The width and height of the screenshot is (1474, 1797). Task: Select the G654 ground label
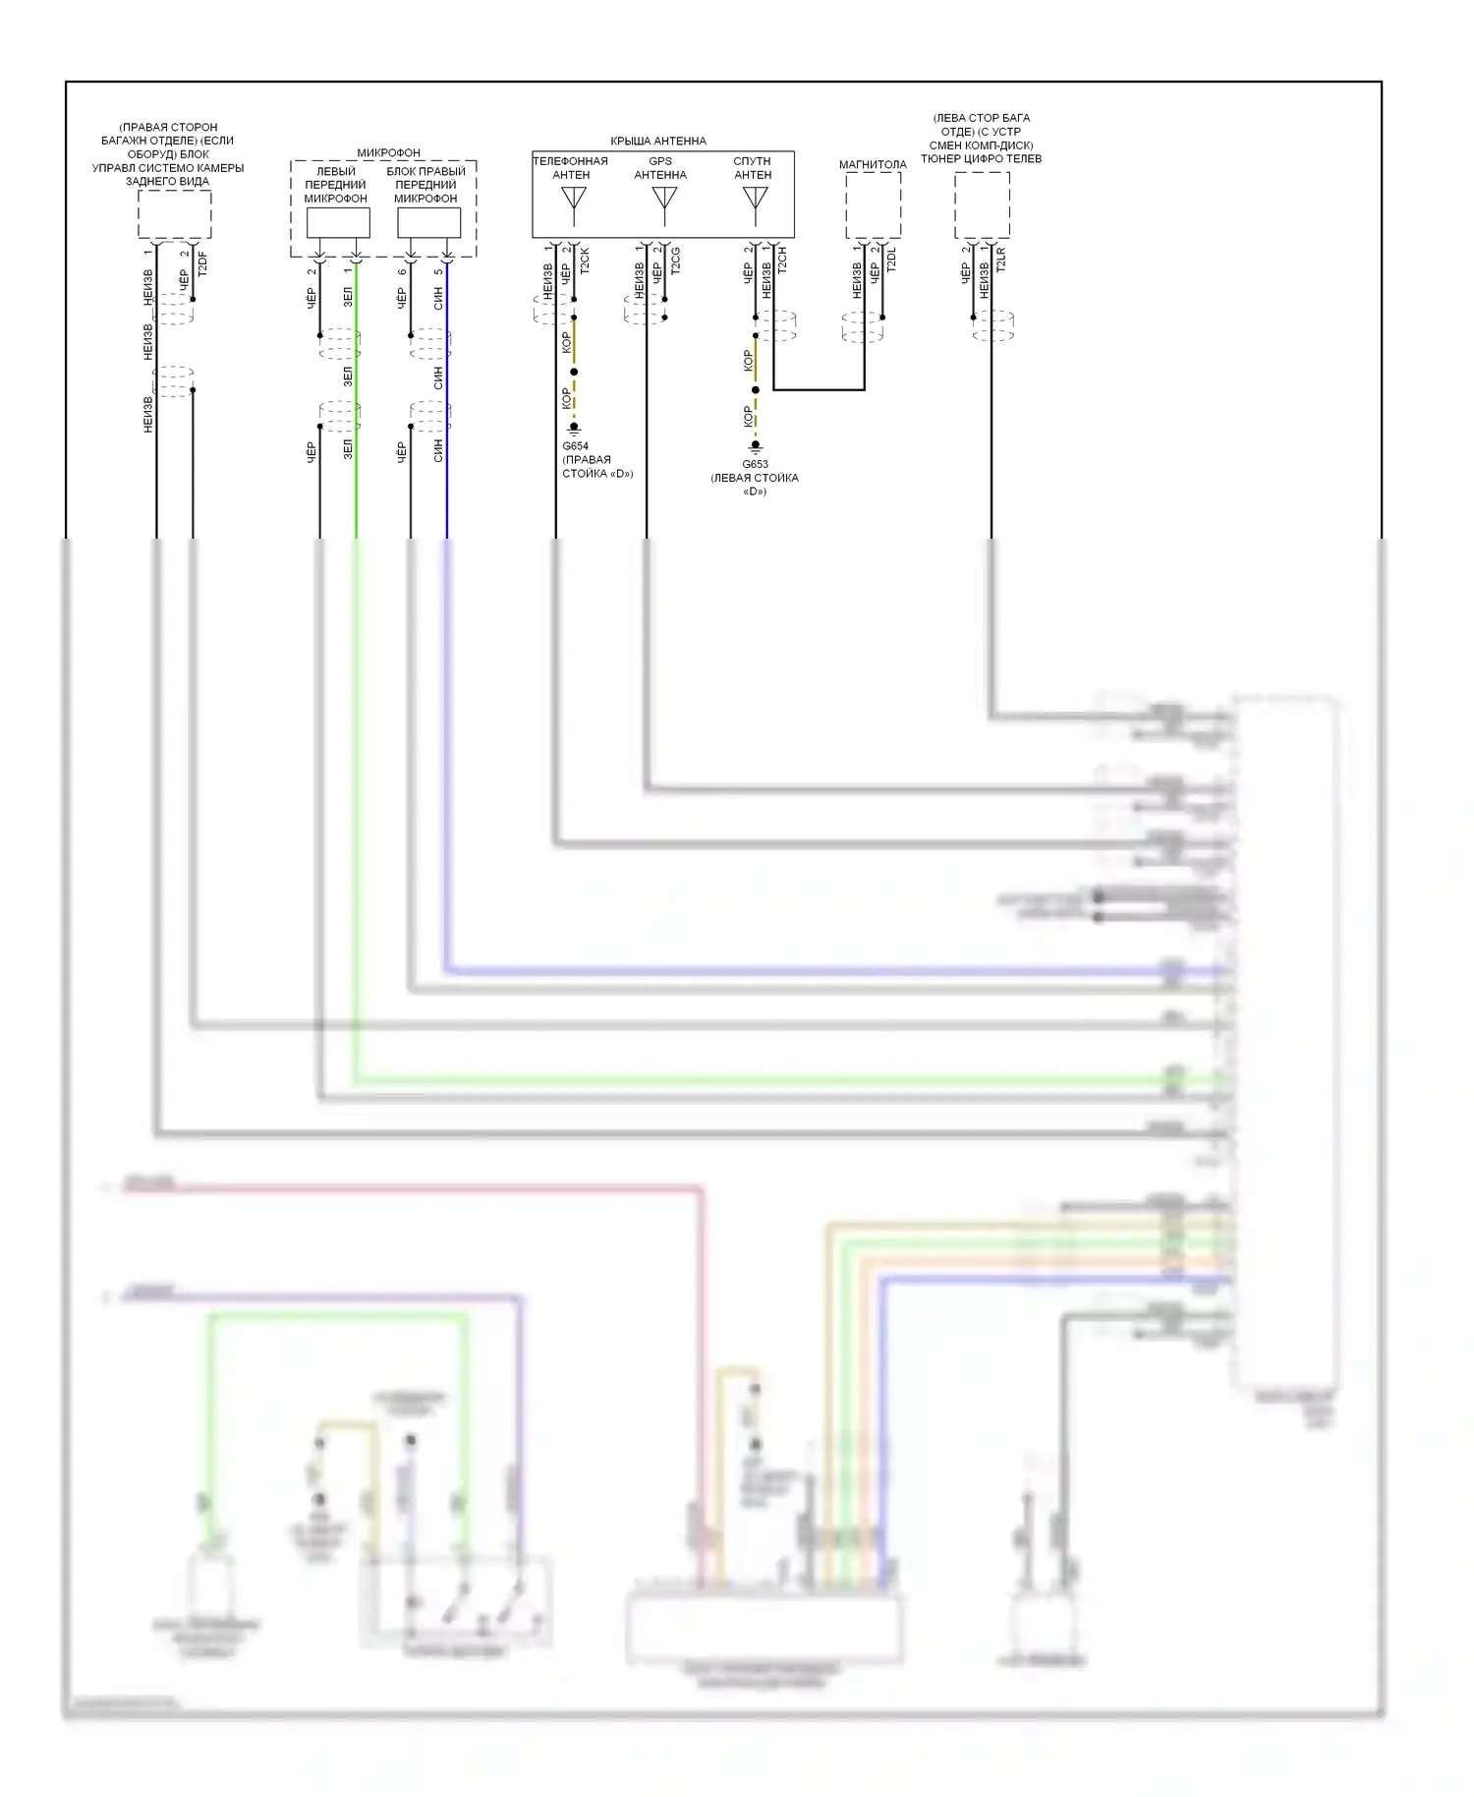coord(575,446)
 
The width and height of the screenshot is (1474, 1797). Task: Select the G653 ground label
coord(755,464)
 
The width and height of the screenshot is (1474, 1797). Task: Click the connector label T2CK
coord(585,261)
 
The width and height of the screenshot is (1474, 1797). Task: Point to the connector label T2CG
coord(675,261)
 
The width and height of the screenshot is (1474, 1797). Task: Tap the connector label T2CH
coord(782,260)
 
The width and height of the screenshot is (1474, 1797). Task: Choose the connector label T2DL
coord(891,260)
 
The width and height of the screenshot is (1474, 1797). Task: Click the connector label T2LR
coord(1000,260)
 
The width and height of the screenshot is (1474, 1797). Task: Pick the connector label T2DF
coord(202,264)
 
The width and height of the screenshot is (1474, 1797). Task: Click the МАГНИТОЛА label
coord(873,164)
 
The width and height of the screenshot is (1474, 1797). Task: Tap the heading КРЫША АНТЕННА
coord(658,141)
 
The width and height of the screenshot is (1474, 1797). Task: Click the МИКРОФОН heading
coord(388,152)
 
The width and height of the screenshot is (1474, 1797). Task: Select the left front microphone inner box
coord(338,223)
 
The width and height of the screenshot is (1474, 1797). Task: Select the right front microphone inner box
coord(428,223)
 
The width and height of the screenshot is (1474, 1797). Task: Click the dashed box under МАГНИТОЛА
coord(873,205)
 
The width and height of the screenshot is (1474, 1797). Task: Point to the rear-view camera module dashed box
coord(174,214)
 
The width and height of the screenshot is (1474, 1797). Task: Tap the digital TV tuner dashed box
coord(982,205)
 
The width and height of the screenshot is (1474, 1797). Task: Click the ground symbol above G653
coord(755,446)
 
